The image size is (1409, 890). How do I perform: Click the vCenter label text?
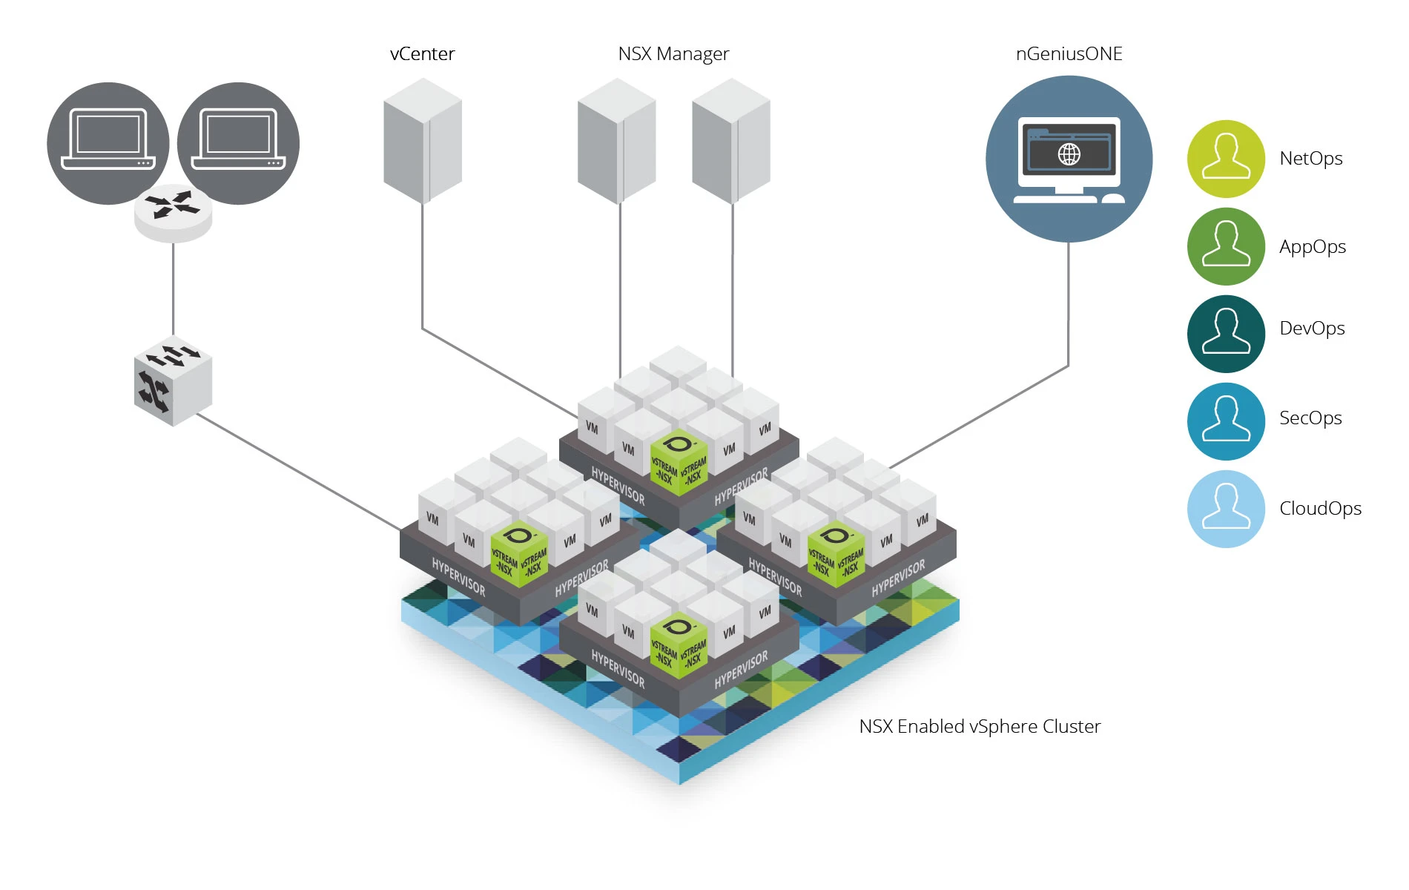(x=422, y=54)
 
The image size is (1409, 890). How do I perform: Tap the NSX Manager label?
(x=673, y=54)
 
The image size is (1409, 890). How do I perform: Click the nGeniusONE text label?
(x=1069, y=54)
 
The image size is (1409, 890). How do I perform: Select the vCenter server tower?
(x=423, y=141)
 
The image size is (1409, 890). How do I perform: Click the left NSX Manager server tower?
(x=617, y=141)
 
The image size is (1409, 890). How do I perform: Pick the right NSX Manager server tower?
(x=731, y=141)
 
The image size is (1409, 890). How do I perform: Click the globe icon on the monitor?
(x=1069, y=154)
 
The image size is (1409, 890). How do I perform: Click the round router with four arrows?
(x=173, y=211)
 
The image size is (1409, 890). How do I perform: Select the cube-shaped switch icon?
(x=173, y=382)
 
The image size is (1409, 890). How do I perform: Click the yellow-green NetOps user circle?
(x=1226, y=159)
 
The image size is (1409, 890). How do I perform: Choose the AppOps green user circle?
(x=1226, y=246)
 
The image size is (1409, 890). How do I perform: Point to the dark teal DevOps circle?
(x=1226, y=334)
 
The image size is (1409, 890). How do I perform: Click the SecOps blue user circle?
(x=1226, y=421)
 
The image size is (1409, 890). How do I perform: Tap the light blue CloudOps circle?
(x=1226, y=509)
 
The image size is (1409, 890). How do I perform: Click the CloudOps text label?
(x=1320, y=509)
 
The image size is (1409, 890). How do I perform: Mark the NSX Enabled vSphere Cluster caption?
(x=980, y=726)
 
